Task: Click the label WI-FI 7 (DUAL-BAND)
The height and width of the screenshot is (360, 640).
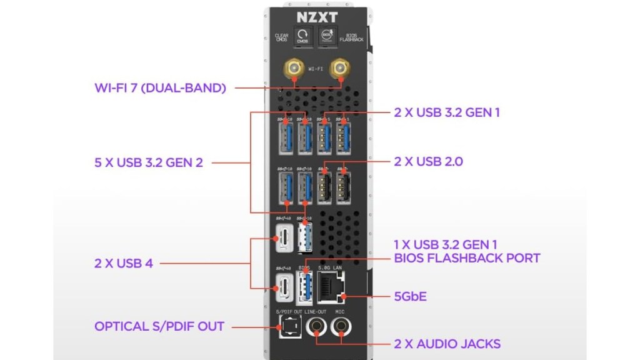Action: tap(160, 87)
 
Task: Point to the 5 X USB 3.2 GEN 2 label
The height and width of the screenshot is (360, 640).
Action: tap(148, 162)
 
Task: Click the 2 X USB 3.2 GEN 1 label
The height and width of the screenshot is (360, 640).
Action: tap(447, 112)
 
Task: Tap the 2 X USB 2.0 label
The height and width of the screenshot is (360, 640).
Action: tap(428, 161)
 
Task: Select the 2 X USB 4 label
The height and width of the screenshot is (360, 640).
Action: tap(124, 263)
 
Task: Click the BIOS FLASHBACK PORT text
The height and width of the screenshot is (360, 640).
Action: tap(467, 257)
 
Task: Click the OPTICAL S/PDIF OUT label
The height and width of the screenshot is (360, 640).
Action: tap(159, 326)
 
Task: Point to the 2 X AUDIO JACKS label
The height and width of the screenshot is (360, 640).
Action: tap(447, 344)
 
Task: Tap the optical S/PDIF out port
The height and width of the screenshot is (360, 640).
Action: tap(287, 325)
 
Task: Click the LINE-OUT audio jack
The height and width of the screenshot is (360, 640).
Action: tap(316, 325)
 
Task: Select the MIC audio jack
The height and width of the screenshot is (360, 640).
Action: tap(341, 325)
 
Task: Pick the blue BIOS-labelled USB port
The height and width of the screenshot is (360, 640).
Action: tap(304, 289)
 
